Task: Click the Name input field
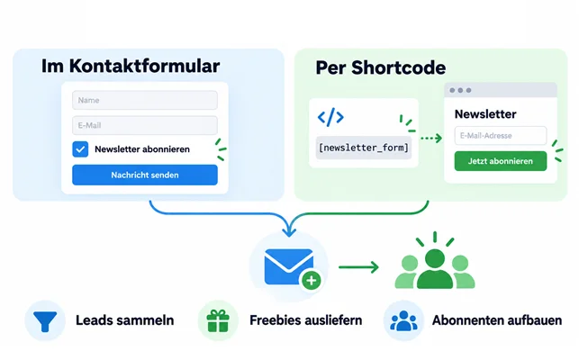pos(145,100)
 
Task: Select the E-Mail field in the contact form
pos(145,125)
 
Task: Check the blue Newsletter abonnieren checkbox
pos(80,149)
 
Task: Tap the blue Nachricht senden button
pos(145,175)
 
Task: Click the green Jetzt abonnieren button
pos(501,161)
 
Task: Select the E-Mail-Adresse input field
pos(501,136)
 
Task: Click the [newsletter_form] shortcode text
pos(364,148)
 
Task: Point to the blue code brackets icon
pos(330,117)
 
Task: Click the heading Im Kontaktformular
pos(131,67)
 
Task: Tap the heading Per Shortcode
pos(380,67)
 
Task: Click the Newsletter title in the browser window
pos(485,114)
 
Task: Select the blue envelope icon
pos(289,266)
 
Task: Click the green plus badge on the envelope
pos(312,281)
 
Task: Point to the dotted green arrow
pos(431,138)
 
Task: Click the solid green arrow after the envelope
pos(358,267)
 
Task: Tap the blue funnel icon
pos(45,321)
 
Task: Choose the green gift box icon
pos(218,320)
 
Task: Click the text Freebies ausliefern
pos(306,320)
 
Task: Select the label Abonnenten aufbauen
pos(497,320)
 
